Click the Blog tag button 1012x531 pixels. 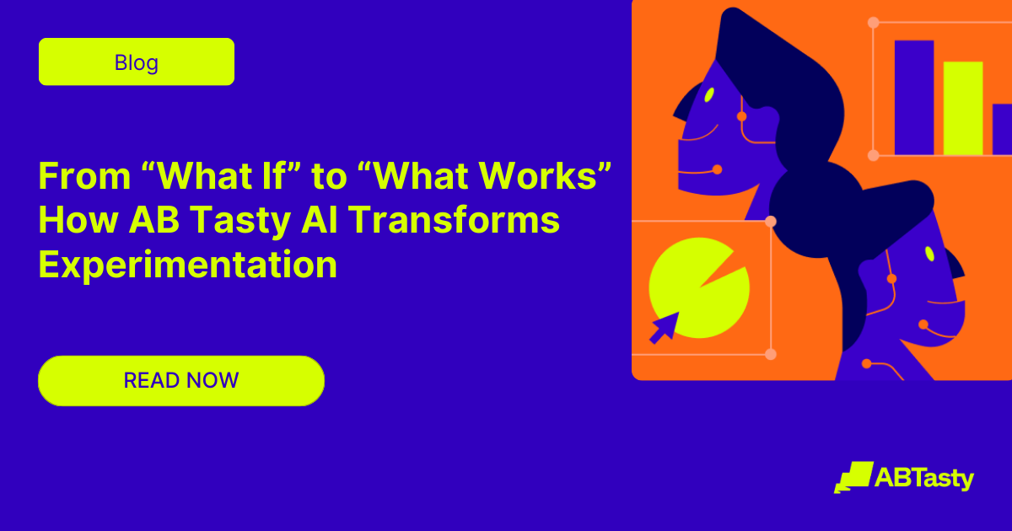(x=137, y=62)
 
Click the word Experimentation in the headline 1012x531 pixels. (x=188, y=265)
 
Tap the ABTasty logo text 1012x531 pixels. (x=924, y=479)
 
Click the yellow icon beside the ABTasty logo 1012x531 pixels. (x=853, y=477)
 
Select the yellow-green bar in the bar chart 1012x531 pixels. (x=963, y=108)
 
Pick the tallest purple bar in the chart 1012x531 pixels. (x=914, y=97)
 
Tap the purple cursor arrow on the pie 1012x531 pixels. (x=664, y=327)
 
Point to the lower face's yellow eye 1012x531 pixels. (x=929, y=253)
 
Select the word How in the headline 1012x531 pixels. (x=79, y=221)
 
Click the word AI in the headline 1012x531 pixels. (x=316, y=221)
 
